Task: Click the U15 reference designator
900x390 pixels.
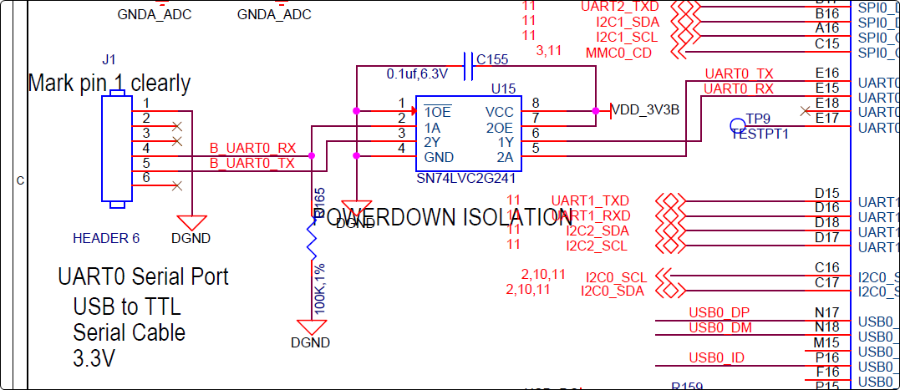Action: coord(503,88)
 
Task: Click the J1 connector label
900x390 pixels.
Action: coord(109,60)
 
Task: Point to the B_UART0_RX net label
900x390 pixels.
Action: coord(252,148)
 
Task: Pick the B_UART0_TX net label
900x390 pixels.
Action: coord(252,164)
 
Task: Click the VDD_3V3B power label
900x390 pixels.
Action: coord(646,109)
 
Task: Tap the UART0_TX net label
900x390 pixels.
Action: coord(739,74)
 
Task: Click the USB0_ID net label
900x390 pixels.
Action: coord(716,358)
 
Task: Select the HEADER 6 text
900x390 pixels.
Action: coord(106,238)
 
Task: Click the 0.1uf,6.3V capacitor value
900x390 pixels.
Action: coord(417,74)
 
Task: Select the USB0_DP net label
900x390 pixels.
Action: coord(719,312)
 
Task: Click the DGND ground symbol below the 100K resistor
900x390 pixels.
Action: coord(311,328)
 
